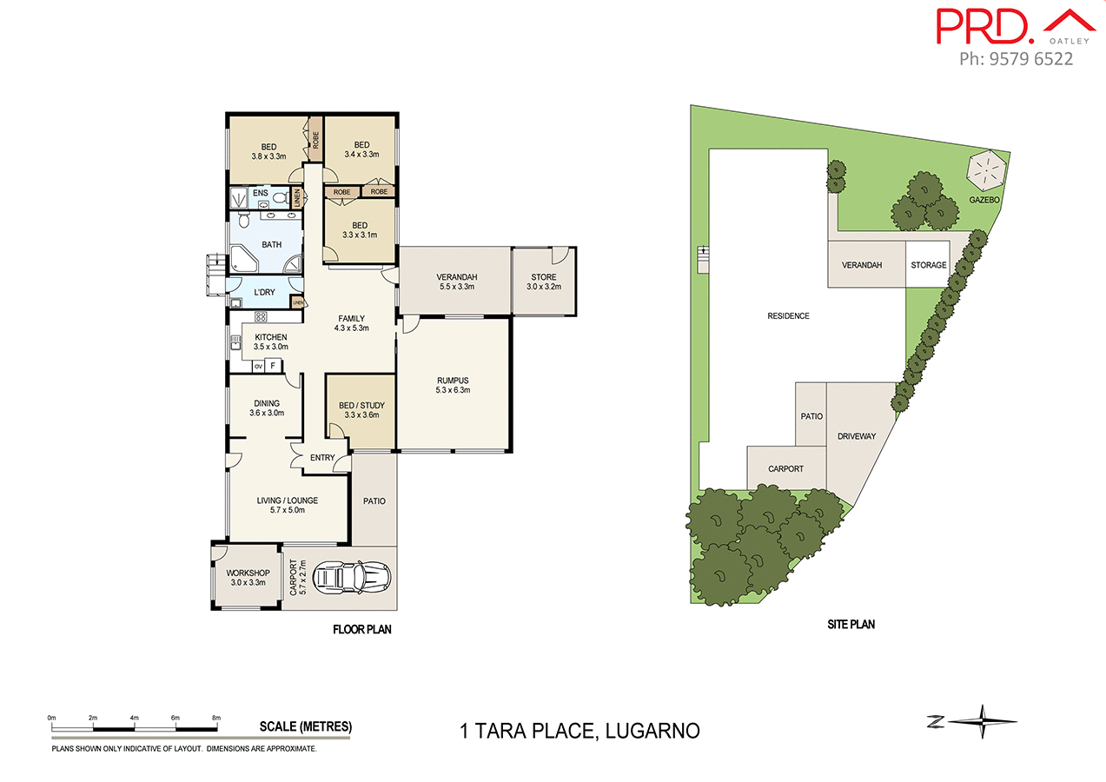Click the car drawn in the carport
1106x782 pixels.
(352, 575)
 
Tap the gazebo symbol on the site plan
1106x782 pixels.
(985, 171)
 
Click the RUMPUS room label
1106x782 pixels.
(452, 385)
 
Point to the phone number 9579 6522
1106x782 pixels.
(1016, 59)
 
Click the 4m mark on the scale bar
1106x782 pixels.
(135, 718)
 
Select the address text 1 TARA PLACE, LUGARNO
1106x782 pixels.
(579, 731)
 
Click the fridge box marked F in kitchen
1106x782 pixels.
(274, 366)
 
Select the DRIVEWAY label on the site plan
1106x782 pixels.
(856, 436)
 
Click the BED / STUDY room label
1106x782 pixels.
(361, 410)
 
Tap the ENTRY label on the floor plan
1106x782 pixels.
(321, 458)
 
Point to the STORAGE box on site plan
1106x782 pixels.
(928, 265)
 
